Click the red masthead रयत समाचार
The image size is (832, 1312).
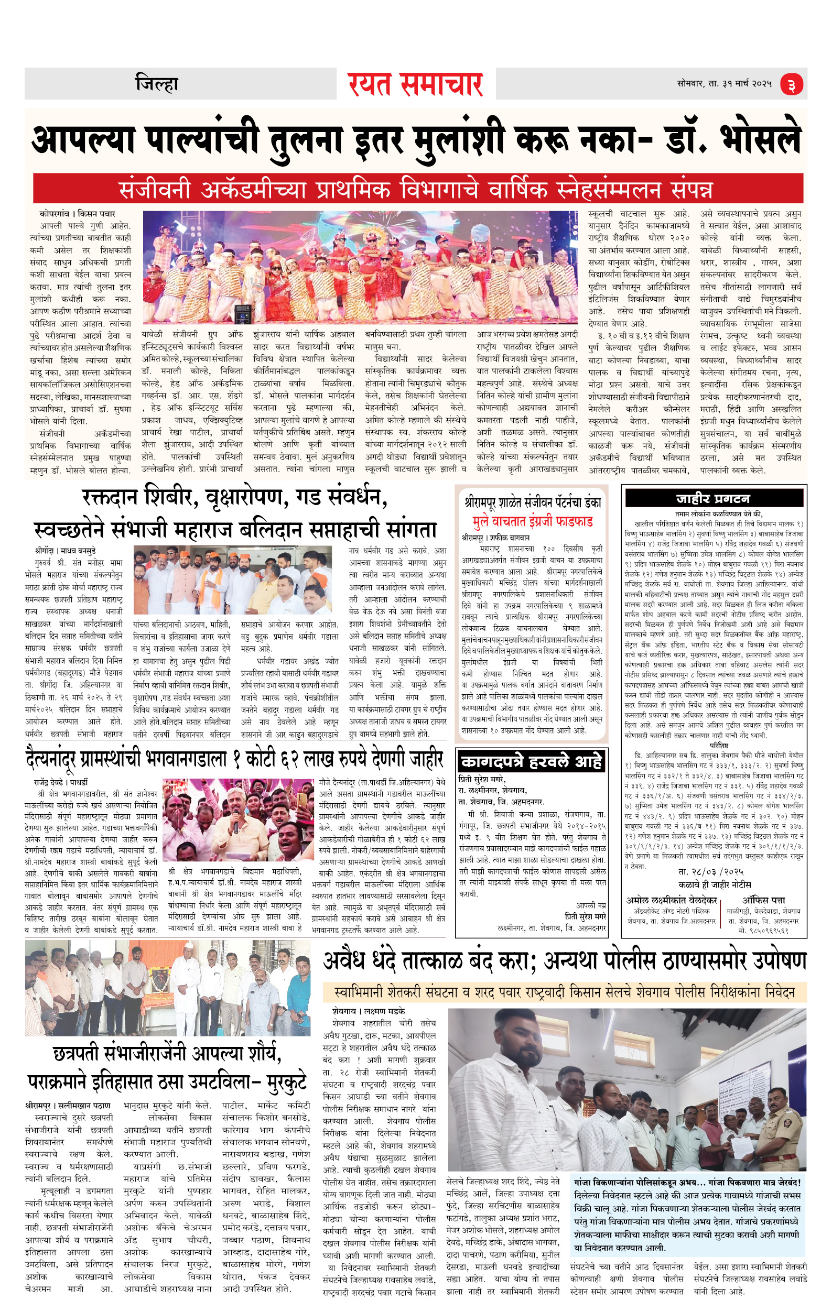point(415,84)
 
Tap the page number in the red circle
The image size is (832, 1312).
point(791,85)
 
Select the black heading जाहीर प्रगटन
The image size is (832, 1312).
point(713,498)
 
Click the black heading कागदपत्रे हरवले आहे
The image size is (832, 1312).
point(531,761)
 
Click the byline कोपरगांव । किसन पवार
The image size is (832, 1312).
point(78,214)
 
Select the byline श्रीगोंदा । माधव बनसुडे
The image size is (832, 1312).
point(65,550)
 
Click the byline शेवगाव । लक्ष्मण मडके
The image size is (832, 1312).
point(369,1011)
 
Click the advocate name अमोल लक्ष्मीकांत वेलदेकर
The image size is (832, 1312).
point(672,900)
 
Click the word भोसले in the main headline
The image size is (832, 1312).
point(761,140)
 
